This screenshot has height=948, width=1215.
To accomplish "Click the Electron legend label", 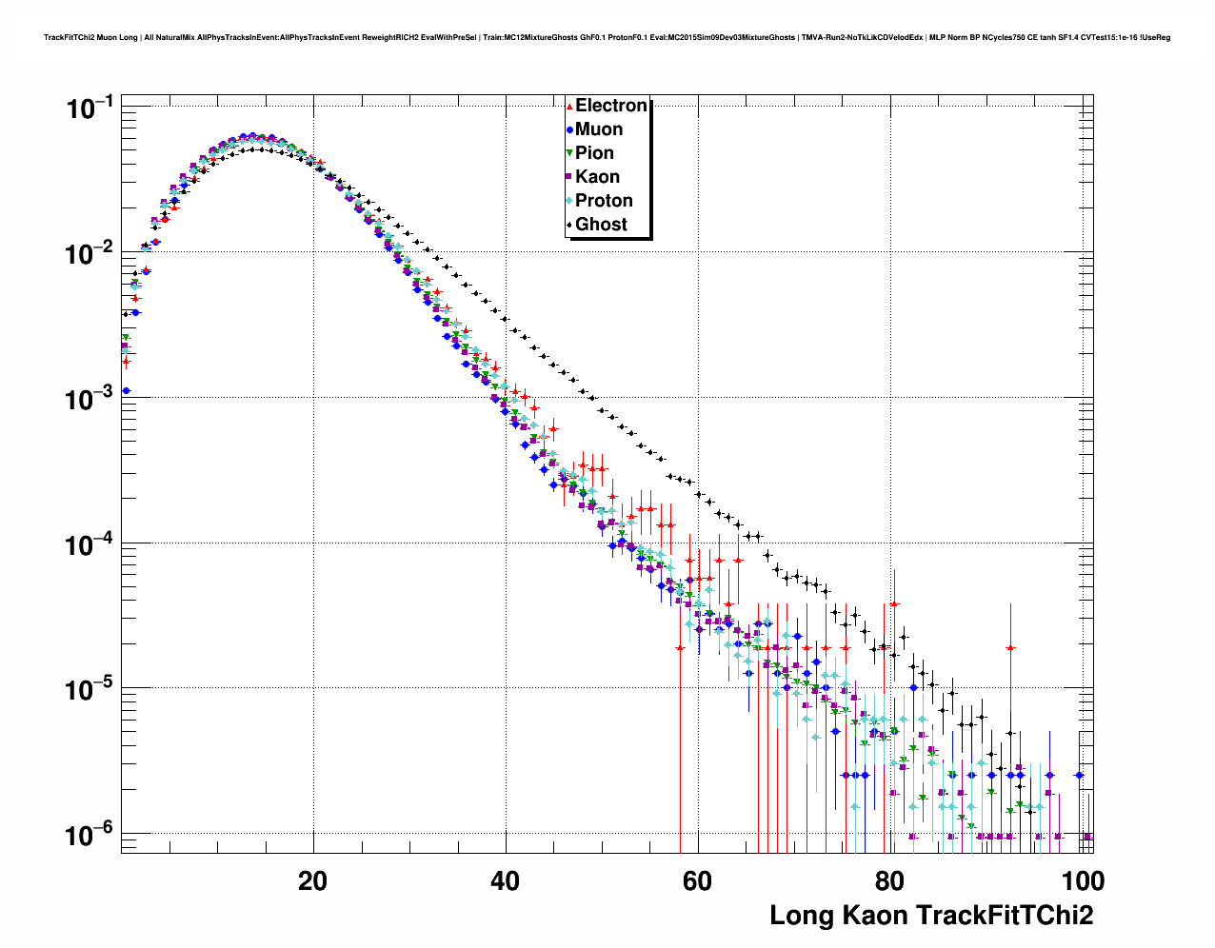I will tap(611, 106).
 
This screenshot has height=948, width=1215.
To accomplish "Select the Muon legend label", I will tap(599, 129).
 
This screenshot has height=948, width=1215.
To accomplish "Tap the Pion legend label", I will tap(594, 153).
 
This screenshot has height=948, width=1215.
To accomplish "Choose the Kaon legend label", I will tap(597, 177).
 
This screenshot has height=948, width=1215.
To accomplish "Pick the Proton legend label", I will tap(604, 201).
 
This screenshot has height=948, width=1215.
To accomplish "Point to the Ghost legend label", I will tap(601, 225).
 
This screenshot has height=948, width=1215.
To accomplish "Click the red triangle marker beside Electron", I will tap(569, 107).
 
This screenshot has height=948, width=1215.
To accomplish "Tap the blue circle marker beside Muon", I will tap(569, 130).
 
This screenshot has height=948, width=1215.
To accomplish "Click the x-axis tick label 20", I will tap(312, 880).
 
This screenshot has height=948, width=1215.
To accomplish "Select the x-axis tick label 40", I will tap(505, 880).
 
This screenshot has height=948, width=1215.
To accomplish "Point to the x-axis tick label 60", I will tap(697, 880).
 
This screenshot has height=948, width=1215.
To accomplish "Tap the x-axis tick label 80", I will tap(889, 880).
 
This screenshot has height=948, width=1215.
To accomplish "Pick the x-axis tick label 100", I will tap(1082, 880).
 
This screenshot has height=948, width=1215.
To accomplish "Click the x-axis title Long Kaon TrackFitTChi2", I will tap(931, 916).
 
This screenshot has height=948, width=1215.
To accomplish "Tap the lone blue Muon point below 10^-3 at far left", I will tap(126, 390).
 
